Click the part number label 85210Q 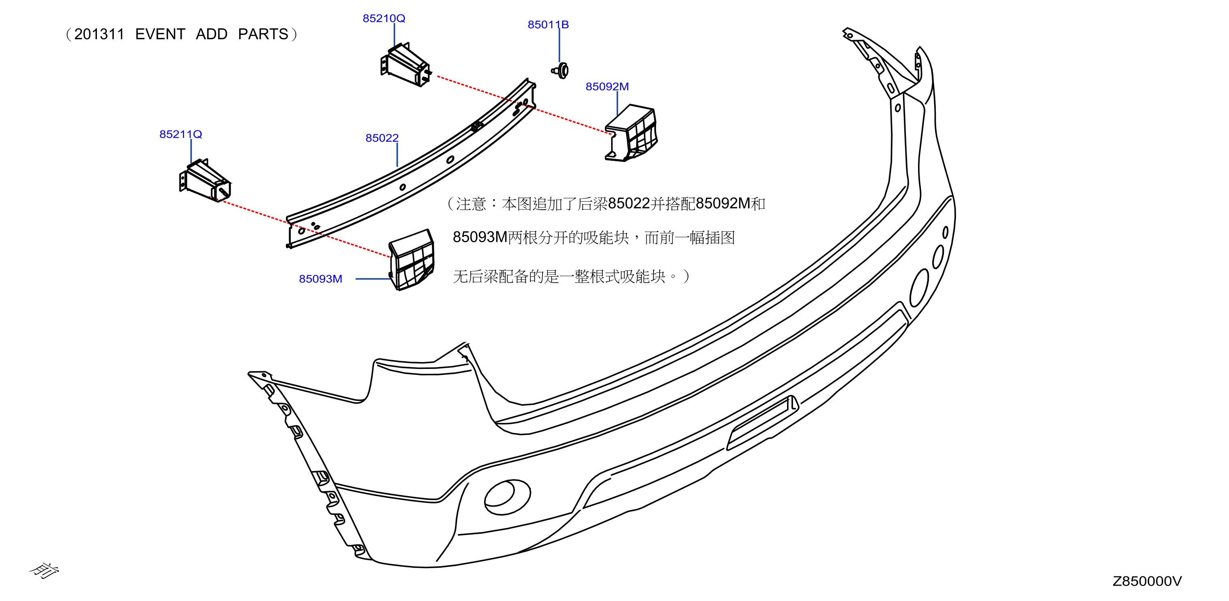click(384, 19)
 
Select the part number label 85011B click(548, 25)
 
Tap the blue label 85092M click(607, 87)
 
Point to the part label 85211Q click(180, 134)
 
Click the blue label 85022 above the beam click(382, 138)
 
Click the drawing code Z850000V click(1147, 582)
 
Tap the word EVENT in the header click(160, 34)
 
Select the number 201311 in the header click(99, 34)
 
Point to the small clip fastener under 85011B click(561, 70)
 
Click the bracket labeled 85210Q click(405, 65)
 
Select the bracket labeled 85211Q click(205, 181)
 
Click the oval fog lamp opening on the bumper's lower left click(507, 497)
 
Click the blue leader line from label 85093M click(373, 279)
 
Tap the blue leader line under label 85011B click(559, 45)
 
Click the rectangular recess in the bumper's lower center click(762, 423)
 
